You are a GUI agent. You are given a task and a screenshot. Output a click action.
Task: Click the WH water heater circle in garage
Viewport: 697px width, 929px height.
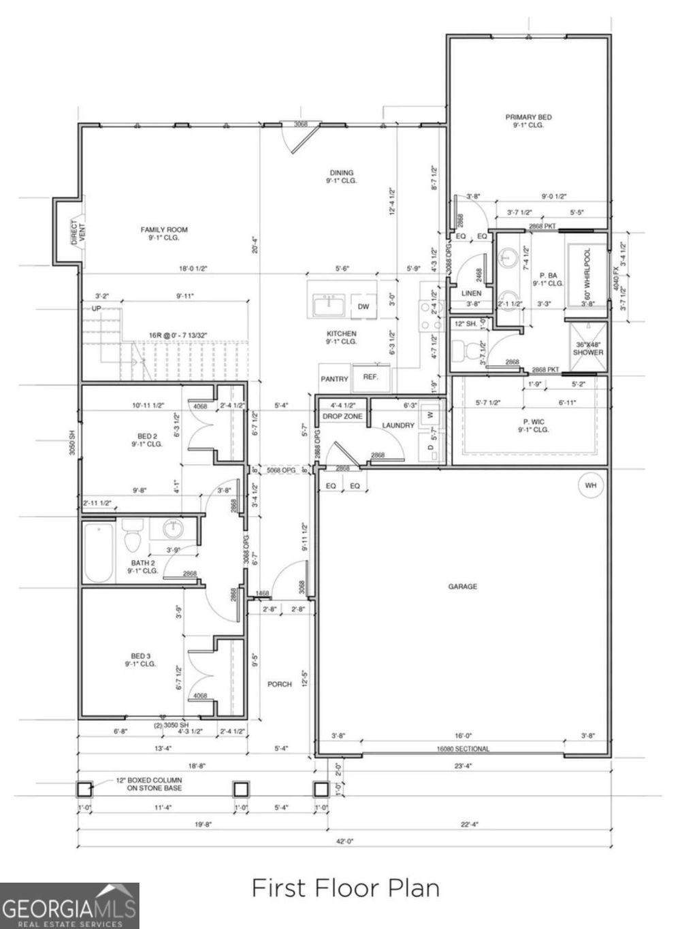590,486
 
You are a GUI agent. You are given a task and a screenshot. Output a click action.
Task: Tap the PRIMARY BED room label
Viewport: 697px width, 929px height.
528,121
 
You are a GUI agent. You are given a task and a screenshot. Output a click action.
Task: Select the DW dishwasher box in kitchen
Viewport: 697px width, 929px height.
363,307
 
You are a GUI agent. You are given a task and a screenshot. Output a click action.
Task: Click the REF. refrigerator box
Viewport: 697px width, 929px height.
371,377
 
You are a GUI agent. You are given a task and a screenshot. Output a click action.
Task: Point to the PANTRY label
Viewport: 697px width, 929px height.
334,379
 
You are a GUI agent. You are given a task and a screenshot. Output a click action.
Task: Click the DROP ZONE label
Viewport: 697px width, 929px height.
342,416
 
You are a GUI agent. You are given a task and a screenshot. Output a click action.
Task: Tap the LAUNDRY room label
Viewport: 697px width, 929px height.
398,425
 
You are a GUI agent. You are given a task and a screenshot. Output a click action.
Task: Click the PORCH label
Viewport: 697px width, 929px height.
279,684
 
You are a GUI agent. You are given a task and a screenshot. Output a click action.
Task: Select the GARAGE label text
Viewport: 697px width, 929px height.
462,586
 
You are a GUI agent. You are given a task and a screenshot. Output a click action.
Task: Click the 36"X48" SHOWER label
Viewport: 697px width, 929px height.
587,348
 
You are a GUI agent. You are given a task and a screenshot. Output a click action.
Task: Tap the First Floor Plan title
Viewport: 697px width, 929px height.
346,888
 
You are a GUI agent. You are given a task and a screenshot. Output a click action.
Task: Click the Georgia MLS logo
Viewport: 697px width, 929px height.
69,906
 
